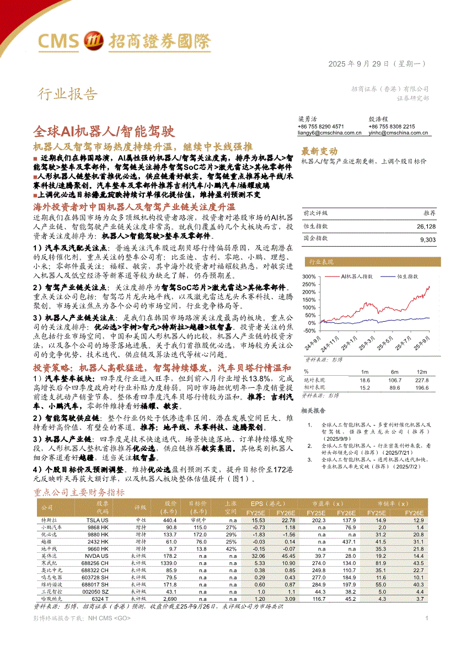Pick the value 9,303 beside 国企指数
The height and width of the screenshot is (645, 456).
427,239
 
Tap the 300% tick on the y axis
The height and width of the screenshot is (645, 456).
309,277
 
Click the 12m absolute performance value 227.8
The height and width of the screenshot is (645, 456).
422,380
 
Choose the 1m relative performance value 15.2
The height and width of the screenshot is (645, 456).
364,387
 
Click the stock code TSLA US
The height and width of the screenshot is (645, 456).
98,520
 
